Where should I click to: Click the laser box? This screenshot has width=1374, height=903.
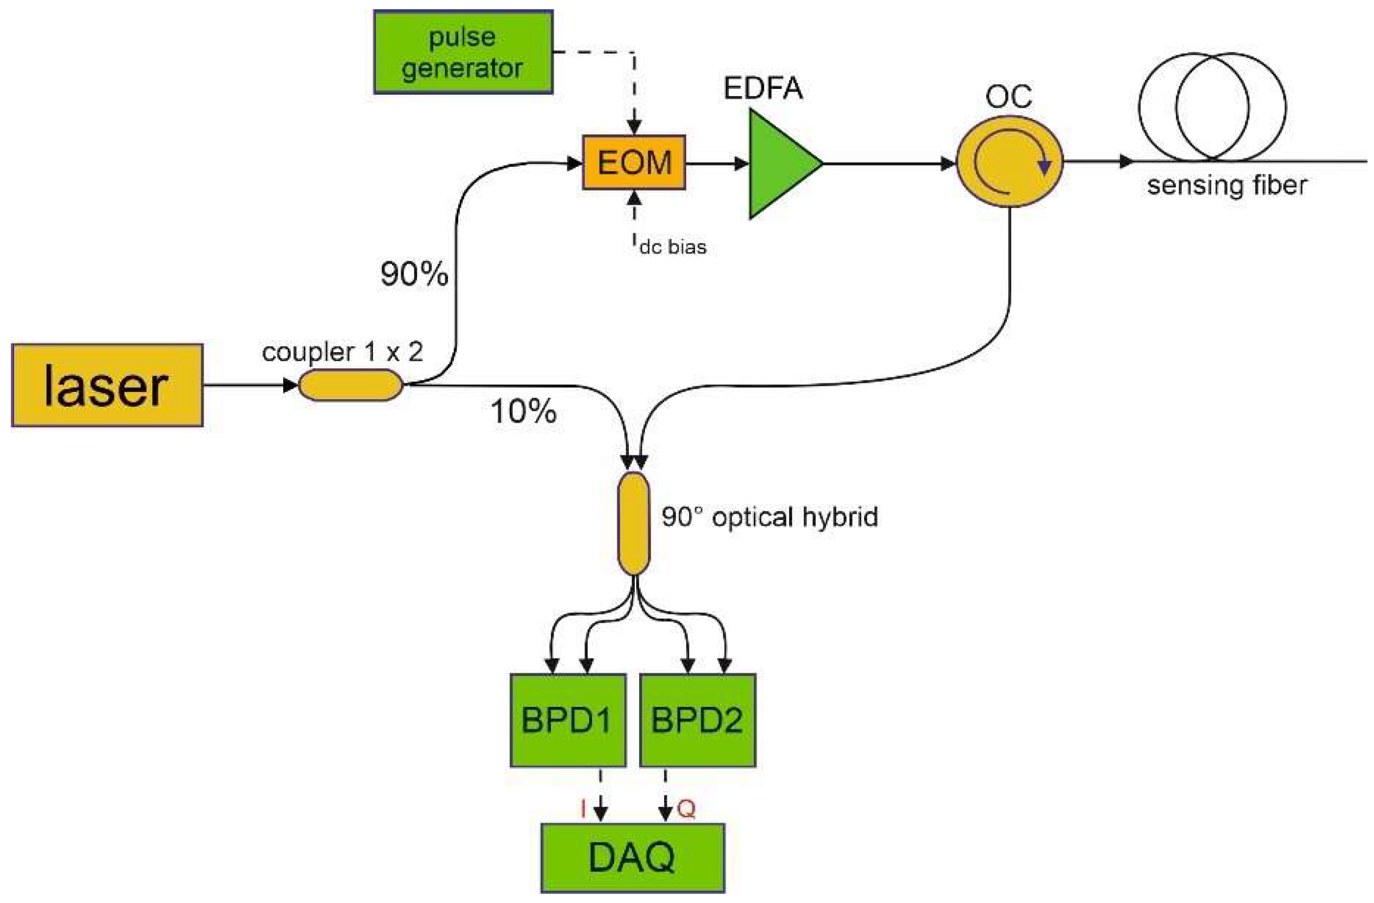point(107,386)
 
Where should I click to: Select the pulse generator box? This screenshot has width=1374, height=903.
point(463,52)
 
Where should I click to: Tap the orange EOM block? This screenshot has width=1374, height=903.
point(634,163)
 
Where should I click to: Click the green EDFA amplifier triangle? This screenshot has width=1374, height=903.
point(779,164)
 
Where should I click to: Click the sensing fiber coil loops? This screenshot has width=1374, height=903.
point(1213,107)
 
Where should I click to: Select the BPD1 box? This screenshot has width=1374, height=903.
point(568,720)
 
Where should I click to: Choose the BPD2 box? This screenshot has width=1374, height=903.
point(698,720)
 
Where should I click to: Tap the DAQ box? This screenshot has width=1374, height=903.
point(632,858)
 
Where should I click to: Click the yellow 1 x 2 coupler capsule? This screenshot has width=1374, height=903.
point(350,385)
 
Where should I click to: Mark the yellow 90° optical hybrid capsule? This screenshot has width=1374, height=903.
point(634,523)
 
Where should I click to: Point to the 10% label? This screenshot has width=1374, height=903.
point(523,412)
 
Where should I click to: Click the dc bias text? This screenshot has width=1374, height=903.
point(673,247)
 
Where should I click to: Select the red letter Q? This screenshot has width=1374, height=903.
point(686,809)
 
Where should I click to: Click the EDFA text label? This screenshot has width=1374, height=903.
point(763,88)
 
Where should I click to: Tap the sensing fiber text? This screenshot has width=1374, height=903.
point(1227,186)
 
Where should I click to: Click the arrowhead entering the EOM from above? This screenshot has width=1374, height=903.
point(634,127)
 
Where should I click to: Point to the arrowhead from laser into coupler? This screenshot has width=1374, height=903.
point(290,385)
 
